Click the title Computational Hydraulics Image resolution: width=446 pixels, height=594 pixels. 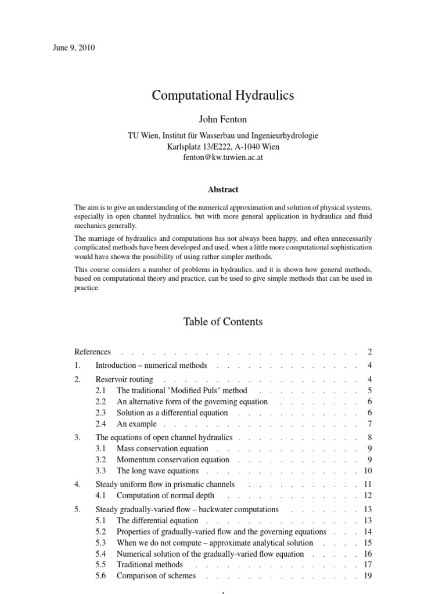click(x=223, y=95)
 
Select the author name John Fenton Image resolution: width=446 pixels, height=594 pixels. click(x=223, y=119)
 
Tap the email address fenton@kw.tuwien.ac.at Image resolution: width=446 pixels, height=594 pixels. click(x=223, y=157)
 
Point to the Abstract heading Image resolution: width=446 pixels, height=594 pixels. click(x=223, y=189)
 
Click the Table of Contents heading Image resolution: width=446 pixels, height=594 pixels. click(x=223, y=321)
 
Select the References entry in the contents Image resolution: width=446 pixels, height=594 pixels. click(x=92, y=352)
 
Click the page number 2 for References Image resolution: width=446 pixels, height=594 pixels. click(x=369, y=352)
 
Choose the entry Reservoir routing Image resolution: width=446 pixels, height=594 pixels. click(x=124, y=379)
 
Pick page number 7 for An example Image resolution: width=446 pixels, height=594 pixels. click(x=369, y=423)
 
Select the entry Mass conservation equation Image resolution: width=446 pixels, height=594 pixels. click(x=162, y=448)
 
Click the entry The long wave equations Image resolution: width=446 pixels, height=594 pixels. click(x=157, y=470)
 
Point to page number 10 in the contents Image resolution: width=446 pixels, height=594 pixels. click(x=367, y=470)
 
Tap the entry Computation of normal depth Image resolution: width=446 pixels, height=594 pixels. click(x=165, y=495)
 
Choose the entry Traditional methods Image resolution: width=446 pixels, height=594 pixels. click(x=149, y=564)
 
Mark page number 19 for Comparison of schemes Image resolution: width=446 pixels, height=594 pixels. click(x=367, y=576)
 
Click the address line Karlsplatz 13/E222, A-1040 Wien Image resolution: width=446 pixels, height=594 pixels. click(x=223, y=146)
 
